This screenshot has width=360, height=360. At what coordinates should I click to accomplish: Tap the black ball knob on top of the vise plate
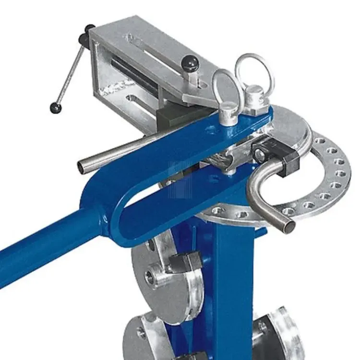(188, 62)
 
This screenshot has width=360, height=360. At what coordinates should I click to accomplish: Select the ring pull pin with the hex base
(252, 82)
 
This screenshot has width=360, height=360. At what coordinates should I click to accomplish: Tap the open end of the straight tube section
(83, 168)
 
